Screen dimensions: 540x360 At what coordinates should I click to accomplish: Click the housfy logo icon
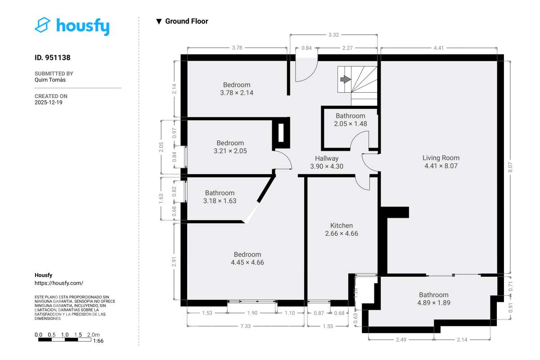pyautogui.click(x=43, y=25)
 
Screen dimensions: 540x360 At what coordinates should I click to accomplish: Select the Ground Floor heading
pyautogui.click(x=186, y=21)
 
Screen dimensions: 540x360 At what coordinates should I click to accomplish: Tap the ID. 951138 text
pyautogui.click(x=53, y=58)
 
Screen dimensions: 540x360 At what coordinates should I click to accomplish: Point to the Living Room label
pyautogui.click(x=441, y=162)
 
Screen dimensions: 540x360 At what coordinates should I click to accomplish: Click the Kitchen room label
pyautogui.click(x=342, y=229)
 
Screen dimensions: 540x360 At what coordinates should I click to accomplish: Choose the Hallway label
pyautogui.click(x=327, y=162)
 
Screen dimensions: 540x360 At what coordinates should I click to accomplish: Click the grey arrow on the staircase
pyautogui.click(x=346, y=79)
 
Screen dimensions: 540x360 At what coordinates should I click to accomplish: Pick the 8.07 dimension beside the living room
pyautogui.click(x=510, y=167)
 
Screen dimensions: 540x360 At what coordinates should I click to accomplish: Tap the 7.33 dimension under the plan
pyautogui.click(x=245, y=326)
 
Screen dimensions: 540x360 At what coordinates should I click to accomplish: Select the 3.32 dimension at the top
pyautogui.click(x=333, y=35)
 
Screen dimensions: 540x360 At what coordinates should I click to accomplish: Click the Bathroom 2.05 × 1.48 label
pyautogui.click(x=350, y=120)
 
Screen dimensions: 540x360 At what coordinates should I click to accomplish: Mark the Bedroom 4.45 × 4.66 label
pyautogui.click(x=247, y=258)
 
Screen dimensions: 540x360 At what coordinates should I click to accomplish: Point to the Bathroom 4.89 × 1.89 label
pyautogui.click(x=434, y=299)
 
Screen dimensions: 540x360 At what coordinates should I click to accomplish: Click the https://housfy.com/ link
pyautogui.click(x=59, y=283)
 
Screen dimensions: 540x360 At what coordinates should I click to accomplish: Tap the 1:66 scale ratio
pyautogui.click(x=98, y=341)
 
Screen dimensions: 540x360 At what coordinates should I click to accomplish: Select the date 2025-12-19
pyautogui.click(x=49, y=103)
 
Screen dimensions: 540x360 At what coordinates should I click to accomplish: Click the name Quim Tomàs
pyautogui.click(x=50, y=80)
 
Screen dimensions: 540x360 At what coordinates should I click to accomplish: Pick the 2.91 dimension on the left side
pyautogui.click(x=174, y=261)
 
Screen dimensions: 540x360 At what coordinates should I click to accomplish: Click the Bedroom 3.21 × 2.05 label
pyautogui.click(x=230, y=147)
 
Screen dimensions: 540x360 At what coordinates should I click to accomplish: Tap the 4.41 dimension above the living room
pyautogui.click(x=439, y=48)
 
